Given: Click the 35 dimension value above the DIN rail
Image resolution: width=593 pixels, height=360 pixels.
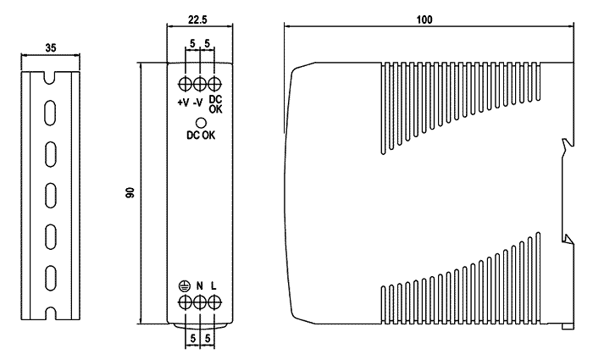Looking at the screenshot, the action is click(50, 47).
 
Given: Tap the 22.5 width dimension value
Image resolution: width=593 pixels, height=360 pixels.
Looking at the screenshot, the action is click(197, 19).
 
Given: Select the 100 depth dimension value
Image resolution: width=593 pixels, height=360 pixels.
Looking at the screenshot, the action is click(424, 19).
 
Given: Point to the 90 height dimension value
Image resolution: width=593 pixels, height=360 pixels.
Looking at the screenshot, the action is click(130, 193).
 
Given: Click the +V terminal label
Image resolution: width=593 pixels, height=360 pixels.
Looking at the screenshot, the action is click(183, 102).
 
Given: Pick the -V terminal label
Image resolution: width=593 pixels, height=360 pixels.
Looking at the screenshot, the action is click(197, 102).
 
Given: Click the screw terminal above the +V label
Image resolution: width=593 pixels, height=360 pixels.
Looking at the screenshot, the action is click(185, 84).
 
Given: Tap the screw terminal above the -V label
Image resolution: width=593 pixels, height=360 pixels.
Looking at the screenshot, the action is click(200, 84).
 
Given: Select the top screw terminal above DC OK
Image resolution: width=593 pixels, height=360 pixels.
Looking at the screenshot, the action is click(214, 84).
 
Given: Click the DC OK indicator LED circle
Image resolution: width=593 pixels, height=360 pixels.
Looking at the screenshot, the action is click(201, 123).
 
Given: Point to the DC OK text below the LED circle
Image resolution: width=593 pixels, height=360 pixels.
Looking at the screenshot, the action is click(201, 135).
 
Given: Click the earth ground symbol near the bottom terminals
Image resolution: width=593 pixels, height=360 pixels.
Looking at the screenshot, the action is click(185, 286).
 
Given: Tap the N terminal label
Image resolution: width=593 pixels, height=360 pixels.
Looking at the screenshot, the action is click(200, 286).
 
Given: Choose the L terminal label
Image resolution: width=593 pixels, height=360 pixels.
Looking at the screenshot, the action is click(213, 286).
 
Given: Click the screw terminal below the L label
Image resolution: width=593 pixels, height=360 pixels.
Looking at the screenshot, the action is click(214, 302).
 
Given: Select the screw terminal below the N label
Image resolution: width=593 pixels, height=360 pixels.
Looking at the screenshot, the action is click(200, 302).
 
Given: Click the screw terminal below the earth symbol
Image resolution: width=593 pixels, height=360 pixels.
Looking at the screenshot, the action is click(185, 302).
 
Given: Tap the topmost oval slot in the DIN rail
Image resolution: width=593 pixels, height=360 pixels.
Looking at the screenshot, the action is click(50, 113).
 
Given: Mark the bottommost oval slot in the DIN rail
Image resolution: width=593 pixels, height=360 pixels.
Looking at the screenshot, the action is click(51, 278).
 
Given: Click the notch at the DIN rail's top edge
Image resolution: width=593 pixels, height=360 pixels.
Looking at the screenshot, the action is click(50, 78).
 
